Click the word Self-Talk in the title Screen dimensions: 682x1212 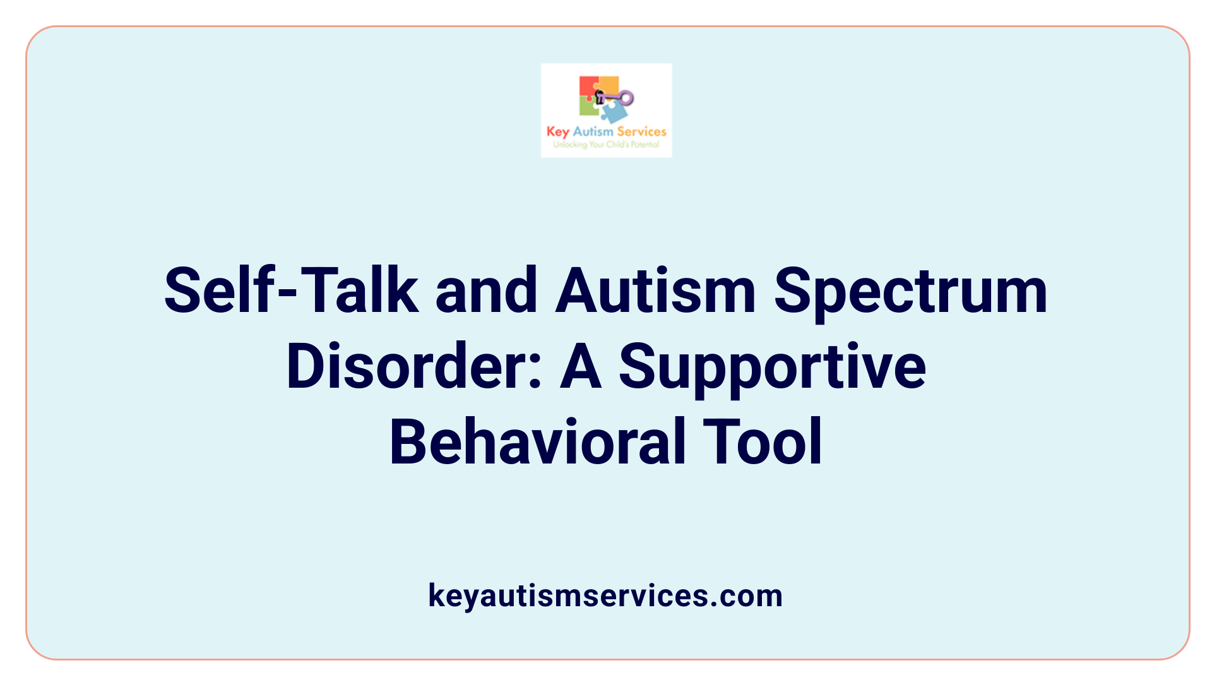point(291,290)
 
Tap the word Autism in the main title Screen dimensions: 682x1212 point(655,290)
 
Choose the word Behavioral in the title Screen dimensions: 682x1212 point(536,441)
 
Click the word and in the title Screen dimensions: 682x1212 point(486,290)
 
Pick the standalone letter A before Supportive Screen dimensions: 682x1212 point(580,366)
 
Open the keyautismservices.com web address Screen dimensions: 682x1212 point(605,595)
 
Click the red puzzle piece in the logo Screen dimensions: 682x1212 point(588,87)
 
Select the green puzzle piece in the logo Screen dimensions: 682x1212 point(588,107)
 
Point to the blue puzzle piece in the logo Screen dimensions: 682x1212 point(614,112)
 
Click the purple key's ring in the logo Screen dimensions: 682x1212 point(626,97)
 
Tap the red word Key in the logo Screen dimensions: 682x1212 point(557,131)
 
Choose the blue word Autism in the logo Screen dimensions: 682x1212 point(593,131)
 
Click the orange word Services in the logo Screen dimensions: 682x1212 point(641,131)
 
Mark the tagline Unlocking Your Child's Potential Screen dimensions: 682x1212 point(606,145)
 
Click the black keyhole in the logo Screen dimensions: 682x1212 point(600,97)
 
